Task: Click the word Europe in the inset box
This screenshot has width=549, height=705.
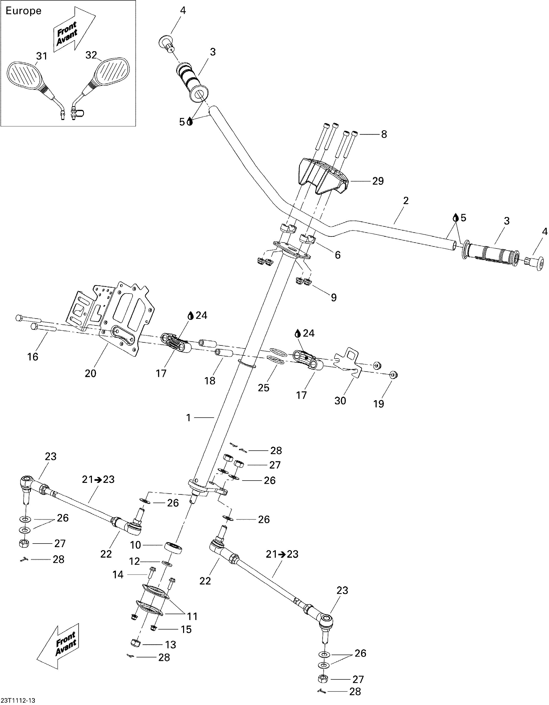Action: coord(24,11)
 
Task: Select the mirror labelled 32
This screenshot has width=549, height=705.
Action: coord(111,72)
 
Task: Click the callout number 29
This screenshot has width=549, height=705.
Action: coord(378,181)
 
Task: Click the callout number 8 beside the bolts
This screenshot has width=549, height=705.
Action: coord(384,134)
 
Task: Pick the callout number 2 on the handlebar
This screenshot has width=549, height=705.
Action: coord(406,201)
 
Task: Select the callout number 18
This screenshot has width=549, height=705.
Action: coord(210,381)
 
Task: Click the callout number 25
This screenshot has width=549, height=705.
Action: coord(263,388)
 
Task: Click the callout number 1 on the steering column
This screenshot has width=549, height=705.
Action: coord(189,418)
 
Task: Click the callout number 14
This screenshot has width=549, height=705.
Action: coord(118,574)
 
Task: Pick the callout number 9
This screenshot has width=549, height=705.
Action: coord(334,297)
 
